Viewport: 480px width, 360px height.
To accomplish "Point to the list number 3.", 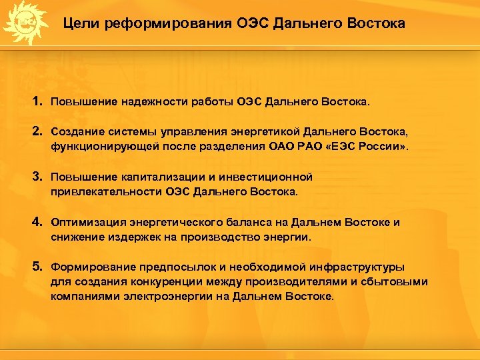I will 37,177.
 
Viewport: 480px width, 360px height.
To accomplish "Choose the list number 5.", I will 37,267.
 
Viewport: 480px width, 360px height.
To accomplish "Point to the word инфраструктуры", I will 358,267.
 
